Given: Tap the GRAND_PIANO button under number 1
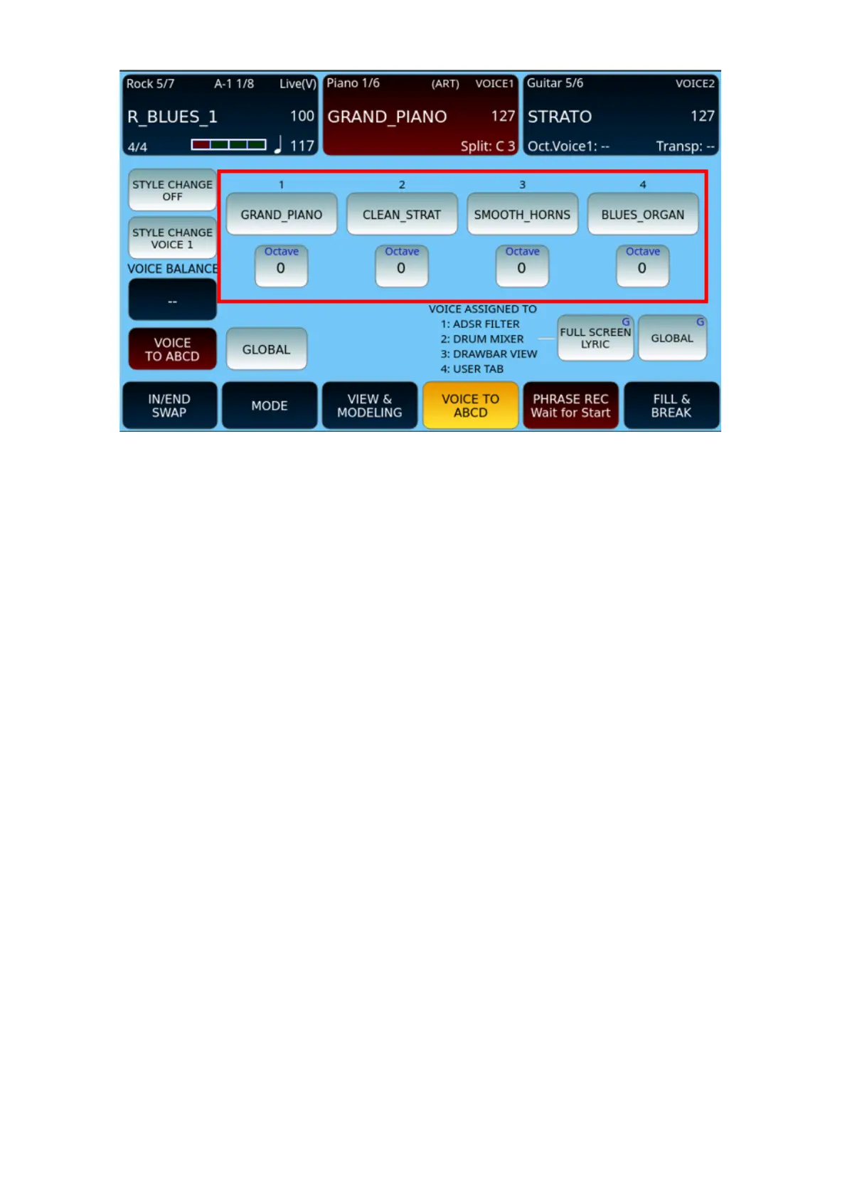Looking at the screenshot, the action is [281, 214].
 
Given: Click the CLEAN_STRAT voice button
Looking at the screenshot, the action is [402, 214].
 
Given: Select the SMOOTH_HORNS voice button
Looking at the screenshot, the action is [522, 214].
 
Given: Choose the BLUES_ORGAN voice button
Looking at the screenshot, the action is [643, 214].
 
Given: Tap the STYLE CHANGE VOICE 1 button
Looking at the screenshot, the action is [172, 238].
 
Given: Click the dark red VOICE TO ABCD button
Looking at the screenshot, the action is [172, 349].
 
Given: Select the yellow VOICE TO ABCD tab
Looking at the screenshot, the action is [470, 405].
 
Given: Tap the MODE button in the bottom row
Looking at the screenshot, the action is [270, 405].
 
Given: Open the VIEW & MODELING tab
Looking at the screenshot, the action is [370, 405].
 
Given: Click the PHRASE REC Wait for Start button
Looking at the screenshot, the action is [570, 405].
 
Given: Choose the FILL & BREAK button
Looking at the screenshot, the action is [671, 405].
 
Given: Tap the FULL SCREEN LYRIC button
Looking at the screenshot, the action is [595, 338].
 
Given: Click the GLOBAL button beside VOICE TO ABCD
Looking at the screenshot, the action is [266, 349].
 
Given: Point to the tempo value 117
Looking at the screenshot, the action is [302, 146].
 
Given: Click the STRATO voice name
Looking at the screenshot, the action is [560, 117].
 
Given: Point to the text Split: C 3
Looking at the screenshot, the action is [488, 146].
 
